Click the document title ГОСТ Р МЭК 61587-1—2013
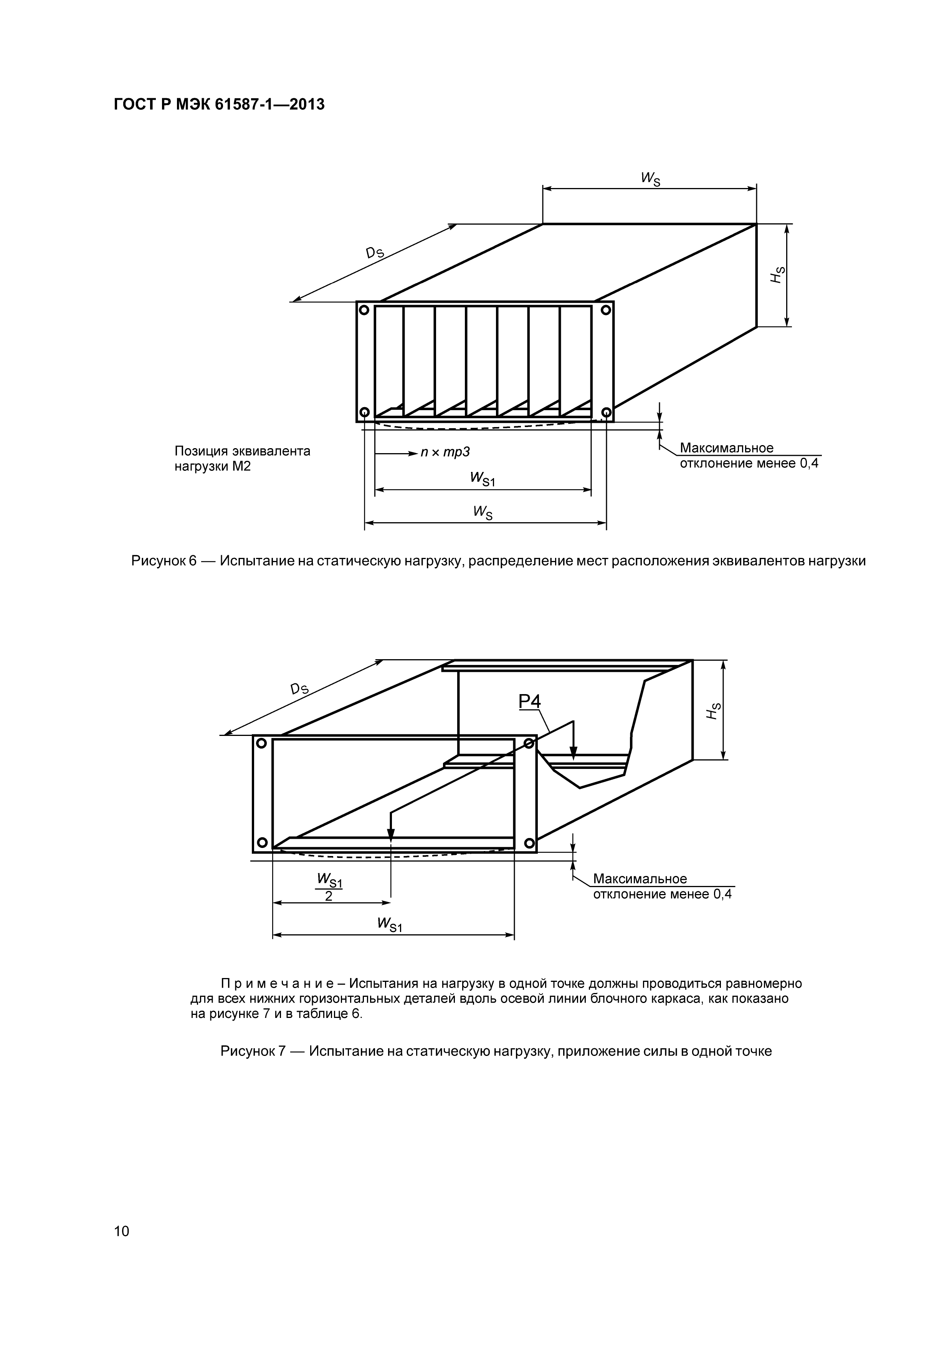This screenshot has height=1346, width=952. point(219,105)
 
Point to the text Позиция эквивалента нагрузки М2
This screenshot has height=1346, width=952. point(242,459)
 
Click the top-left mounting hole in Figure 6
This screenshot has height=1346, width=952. point(364,310)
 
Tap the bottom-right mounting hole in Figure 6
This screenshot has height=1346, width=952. point(606,412)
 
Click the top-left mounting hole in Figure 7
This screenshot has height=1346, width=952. point(262,743)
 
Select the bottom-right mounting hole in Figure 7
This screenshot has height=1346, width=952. point(529,843)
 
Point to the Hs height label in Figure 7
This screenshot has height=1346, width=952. point(713,711)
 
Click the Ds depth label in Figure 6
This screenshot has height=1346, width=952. point(374,253)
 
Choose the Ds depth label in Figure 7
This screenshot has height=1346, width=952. point(299,688)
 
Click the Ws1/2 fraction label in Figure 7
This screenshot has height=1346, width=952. point(329,887)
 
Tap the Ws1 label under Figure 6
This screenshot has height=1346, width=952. point(482,478)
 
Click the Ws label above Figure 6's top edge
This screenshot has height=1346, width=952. point(650,178)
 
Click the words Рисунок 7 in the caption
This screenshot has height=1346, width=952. point(252,1051)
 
